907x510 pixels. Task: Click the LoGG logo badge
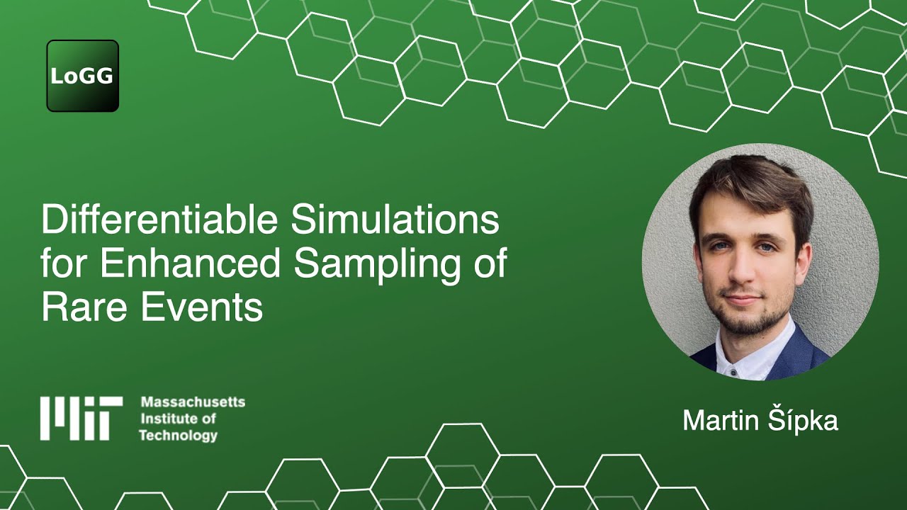point(82,76)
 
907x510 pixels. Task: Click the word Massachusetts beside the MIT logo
point(193,402)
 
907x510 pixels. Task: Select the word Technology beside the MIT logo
point(178,435)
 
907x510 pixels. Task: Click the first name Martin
point(721,421)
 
